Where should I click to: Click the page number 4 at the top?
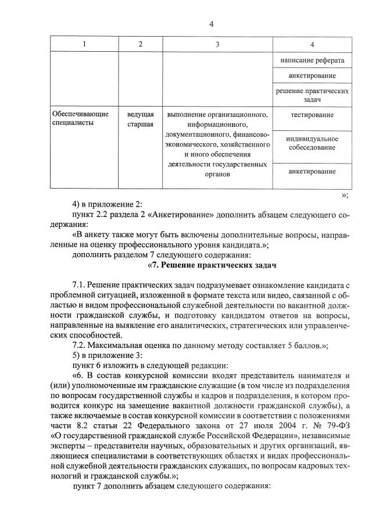point(212,24)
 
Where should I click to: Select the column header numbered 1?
point(84,45)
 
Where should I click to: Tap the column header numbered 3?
point(217,45)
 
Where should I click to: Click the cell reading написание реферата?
point(312,61)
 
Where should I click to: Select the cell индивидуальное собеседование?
point(312,143)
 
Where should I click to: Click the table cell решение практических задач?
point(312,95)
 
